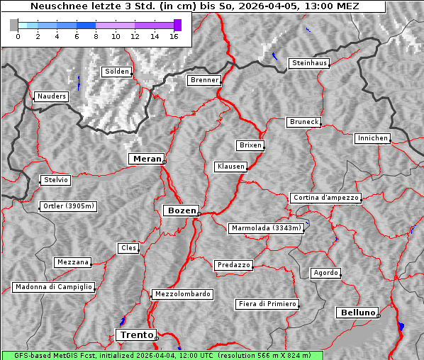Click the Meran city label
[145, 159]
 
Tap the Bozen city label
[180, 210]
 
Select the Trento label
[135, 334]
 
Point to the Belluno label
[357, 312]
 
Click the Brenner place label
[204, 80]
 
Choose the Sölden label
[117, 72]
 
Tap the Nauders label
[51, 96]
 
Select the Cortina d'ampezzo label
[325, 198]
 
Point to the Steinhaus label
[310, 63]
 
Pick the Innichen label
[372, 138]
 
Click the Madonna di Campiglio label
[53, 287]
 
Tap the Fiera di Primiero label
[267, 304]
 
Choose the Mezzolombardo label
[182, 293]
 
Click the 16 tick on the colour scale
[174, 36]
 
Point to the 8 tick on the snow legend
[96, 36]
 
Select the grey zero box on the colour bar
[14, 25]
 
